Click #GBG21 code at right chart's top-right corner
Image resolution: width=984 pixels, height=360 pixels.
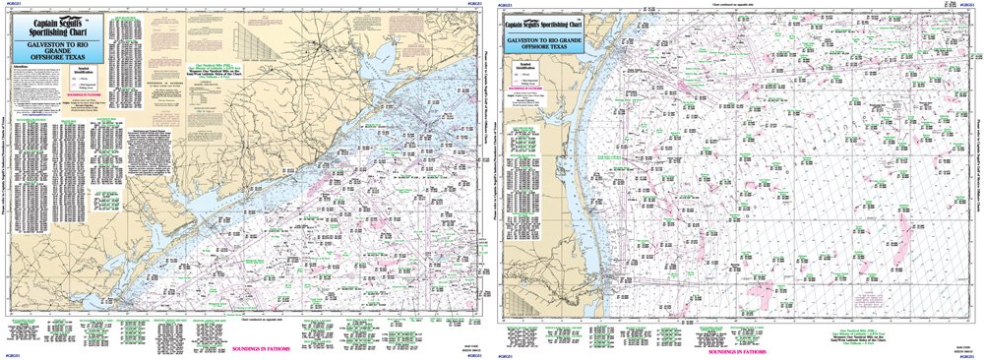(969, 5)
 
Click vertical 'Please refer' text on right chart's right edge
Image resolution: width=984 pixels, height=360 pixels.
(977, 177)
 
